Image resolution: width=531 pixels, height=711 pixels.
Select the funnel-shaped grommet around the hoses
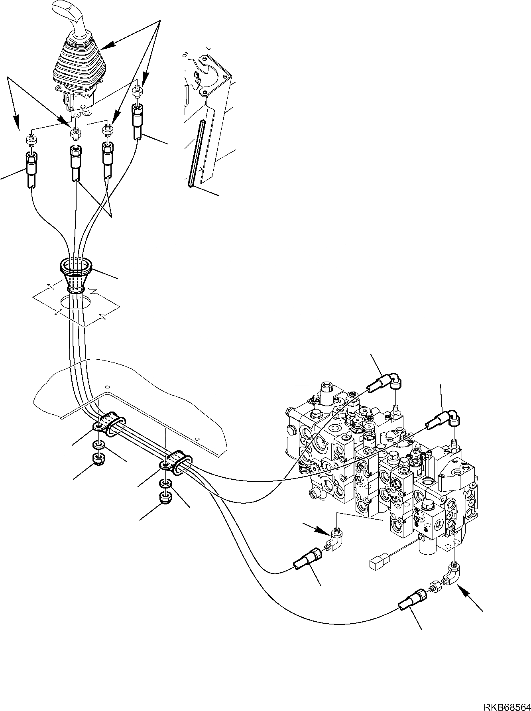coord(76,275)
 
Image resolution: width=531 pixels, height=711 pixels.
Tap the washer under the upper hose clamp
coord(98,445)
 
